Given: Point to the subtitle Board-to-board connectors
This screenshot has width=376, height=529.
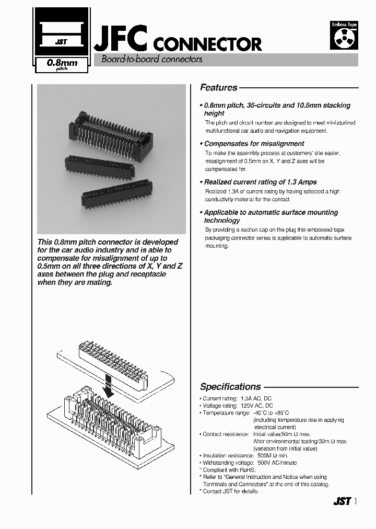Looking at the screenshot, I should (x=151, y=60).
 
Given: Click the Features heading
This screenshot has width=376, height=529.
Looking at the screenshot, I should (x=219, y=88).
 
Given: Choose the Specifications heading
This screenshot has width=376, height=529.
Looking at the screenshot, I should (x=230, y=387).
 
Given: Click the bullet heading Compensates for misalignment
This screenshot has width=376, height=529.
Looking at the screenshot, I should (x=254, y=144).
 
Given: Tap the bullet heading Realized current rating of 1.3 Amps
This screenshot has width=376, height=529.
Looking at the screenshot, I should (x=260, y=182).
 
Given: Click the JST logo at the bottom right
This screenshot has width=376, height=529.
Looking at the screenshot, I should (x=341, y=502).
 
